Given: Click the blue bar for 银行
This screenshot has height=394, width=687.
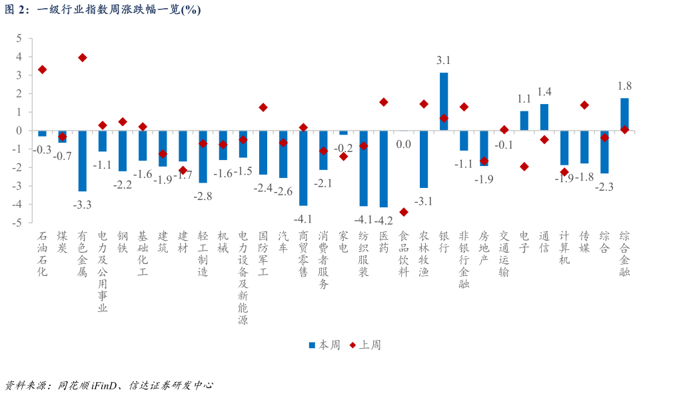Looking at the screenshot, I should click(x=444, y=101).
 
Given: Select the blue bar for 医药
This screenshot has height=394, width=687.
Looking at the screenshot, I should click(x=383, y=169).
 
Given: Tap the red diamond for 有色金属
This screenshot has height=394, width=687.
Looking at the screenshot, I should click(x=83, y=58).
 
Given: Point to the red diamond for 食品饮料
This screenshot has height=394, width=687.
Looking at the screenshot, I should click(x=404, y=212).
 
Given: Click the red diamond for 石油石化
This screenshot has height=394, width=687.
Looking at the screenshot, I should click(x=42, y=69).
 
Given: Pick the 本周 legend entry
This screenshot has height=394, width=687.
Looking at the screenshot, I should click(x=325, y=345).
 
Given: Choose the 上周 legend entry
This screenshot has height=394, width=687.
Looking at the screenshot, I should click(x=365, y=345).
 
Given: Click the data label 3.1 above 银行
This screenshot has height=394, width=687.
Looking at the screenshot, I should click(x=444, y=61).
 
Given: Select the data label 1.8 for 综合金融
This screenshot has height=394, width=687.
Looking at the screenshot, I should click(x=625, y=86).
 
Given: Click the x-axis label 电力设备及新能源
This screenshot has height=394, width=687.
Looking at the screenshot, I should click(x=243, y=277).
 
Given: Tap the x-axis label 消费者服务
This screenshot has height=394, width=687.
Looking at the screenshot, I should click(x=323, y=260).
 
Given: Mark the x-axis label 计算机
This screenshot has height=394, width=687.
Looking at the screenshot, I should click(x=564, y=247).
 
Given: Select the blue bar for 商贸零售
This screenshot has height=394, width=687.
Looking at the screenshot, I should click(x=303, y=168).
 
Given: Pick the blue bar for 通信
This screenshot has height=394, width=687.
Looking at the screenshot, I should click(x=544, y=117).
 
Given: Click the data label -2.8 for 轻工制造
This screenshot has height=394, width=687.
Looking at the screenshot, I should click(x=203, y=196).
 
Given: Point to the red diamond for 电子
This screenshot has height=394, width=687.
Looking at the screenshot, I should click(x=524, y=167).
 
